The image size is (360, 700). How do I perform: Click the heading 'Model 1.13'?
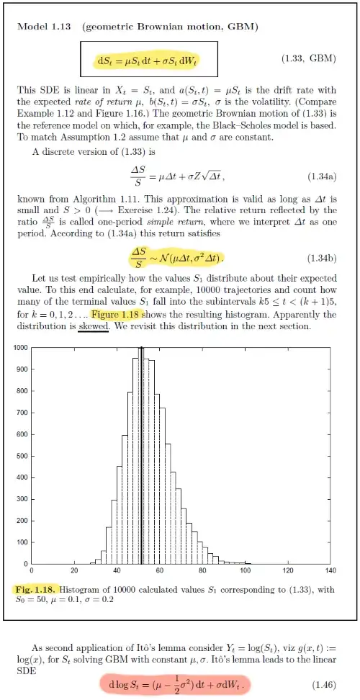pyautogui.click(x=45, y=27)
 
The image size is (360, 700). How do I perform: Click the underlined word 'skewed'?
pyautogui.click(x=94, y=326)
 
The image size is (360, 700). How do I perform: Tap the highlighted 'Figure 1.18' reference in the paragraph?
pyautogui.click(x=117, y=315)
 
